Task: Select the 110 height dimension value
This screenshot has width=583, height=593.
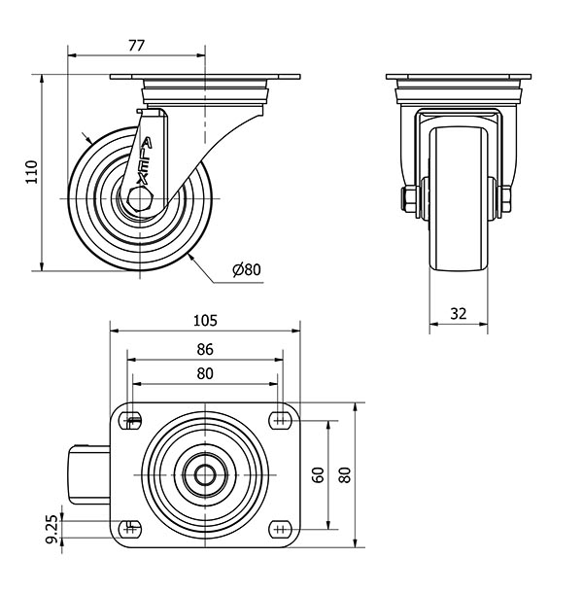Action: pyautogui.click(x=31, y=172)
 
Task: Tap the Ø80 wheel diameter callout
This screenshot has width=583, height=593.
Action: pyautogui.click(x=248, y=269)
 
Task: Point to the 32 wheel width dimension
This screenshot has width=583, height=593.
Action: pyautogui.click(x=459, y=313)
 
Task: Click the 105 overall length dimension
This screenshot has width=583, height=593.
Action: pyautogui.click(x=205, y=320)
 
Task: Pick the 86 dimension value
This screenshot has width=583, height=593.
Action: pyautogui.click(x=205, y=351)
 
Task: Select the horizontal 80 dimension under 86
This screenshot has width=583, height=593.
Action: pyautogui.click(x=205, y=373)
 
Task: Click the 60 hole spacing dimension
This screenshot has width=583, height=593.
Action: pyautogui.click(x=317, y=474)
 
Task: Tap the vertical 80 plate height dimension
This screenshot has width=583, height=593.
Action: pyautogui.click(x=343, y=474)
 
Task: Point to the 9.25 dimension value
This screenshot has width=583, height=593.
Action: pyautogui.click(x=51, y=528)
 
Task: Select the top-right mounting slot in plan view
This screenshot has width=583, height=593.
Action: pyautogui.click(x=281, y=420)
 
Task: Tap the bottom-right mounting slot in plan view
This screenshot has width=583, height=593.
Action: pyautogui.click(x=281, y=529)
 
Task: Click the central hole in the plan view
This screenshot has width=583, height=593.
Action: pyautogui.click(x=206, y=475)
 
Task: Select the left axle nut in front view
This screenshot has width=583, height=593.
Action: pyautogui.click(x=408, y=198)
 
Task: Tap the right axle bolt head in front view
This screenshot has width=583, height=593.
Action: pyautogui.click(x=505, y=199)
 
